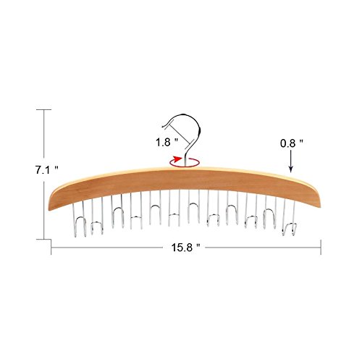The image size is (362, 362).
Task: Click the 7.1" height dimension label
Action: click(x=47, y=170)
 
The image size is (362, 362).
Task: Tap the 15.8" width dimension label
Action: click(x=186, y=248)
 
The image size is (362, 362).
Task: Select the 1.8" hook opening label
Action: click(x=167, y=143)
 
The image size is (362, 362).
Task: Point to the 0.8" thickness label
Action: click(x=291, y=143)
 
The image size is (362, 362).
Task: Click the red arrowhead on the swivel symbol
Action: click(x=178, y=159)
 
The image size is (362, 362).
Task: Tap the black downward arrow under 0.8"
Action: click(x=291, y=161)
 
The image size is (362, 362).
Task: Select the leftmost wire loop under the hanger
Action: click(x=80, y=219)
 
